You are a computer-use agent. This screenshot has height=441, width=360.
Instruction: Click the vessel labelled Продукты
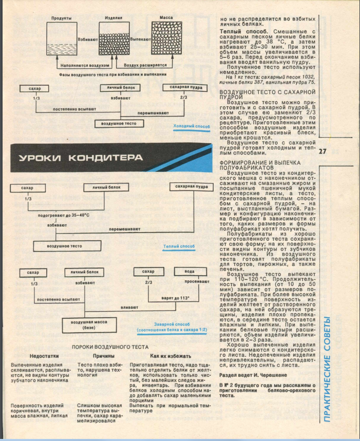coord(61,39)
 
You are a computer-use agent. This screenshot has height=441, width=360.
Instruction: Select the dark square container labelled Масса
coord(165,39)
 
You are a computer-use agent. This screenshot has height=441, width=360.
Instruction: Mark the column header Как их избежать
coord(170,356)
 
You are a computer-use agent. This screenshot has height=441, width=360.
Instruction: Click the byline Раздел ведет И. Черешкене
coord(251,375)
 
